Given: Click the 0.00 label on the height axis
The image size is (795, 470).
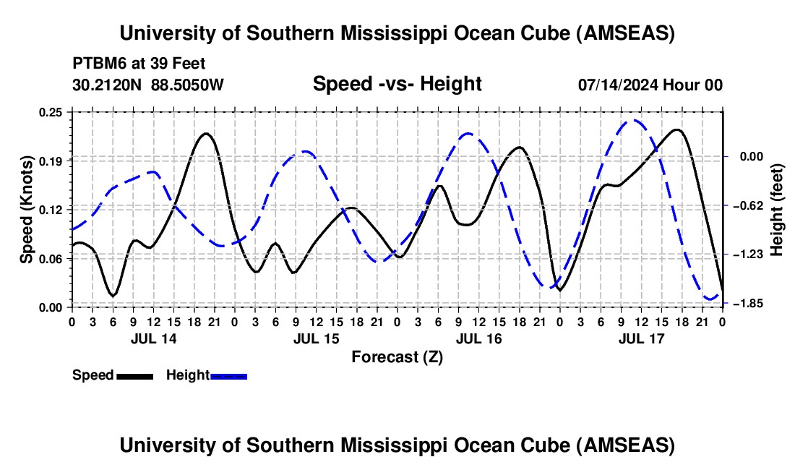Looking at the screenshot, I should point(744,156).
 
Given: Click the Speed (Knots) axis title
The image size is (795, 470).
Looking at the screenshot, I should point(27,210).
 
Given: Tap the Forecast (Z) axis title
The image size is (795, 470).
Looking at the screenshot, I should point(396,356).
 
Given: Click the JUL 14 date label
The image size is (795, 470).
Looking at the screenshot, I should point(153,338).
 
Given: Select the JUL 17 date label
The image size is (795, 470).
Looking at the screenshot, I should point(641,338).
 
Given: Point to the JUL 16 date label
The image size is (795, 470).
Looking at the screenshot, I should point(478,338).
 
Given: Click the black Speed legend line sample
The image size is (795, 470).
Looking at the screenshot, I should point(134,375).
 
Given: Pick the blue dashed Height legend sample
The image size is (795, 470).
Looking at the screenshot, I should point(229,375).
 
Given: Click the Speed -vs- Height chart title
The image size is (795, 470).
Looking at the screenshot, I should point(397,85).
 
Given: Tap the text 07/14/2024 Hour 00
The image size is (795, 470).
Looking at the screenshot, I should point(650,85).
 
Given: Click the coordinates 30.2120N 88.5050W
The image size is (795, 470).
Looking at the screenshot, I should point(148,85).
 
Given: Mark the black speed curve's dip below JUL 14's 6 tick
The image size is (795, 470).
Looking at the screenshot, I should point(113,295).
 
